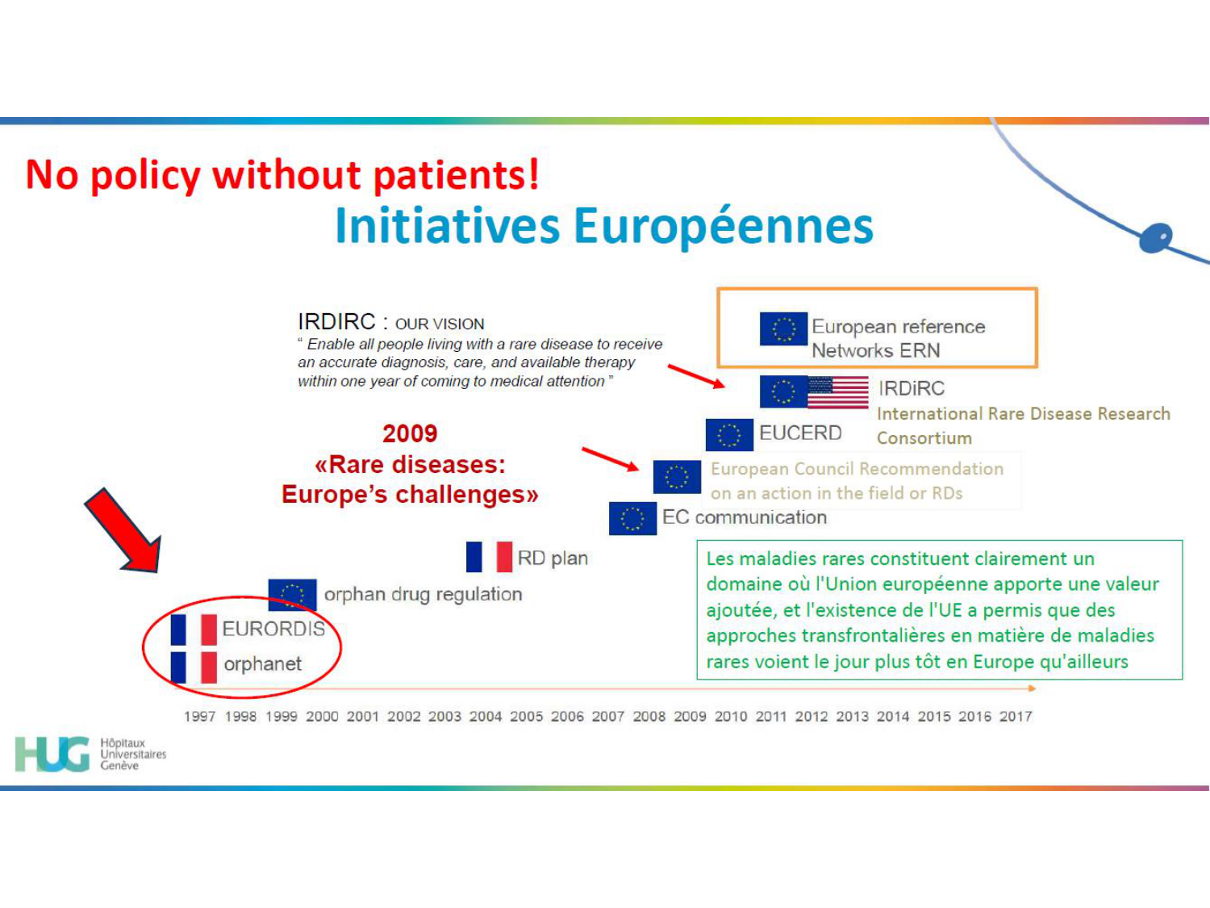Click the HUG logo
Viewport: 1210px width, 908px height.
point(52,754)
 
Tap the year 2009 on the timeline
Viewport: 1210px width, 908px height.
point(690,716)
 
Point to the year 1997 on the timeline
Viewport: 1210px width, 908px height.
point(199,716)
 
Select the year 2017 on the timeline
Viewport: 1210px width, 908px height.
point(1016,716)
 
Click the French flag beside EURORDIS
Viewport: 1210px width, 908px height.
point(194,630)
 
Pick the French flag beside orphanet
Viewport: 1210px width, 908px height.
point(194,667)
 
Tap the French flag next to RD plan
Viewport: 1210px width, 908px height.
point(489,557)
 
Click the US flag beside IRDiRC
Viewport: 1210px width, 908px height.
point(838,392)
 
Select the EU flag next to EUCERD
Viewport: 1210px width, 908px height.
point(729,434)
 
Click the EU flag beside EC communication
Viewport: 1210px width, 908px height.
point(632,518)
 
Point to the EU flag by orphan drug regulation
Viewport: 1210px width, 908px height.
point(292,595)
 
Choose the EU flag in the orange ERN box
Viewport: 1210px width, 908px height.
point(783,328)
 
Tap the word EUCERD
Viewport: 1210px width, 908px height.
point(800,433)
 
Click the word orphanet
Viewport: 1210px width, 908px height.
point(262,664)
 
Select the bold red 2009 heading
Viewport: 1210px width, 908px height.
point(410,433)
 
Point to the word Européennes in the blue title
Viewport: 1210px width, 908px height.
point(724,225)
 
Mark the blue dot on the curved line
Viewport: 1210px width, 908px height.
point(1156,237)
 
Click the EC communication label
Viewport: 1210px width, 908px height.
point(744,517)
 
